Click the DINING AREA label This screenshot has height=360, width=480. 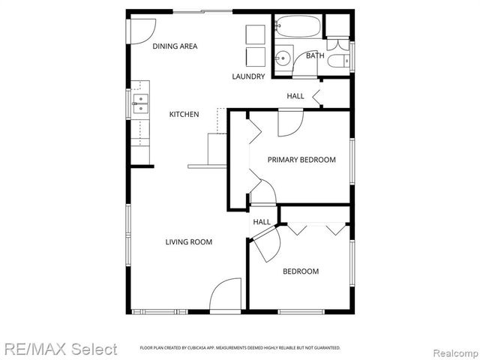[175, 46]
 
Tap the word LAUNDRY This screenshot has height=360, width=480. [248, 76]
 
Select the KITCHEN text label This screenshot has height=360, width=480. [184, 114]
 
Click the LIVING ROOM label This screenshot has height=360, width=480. [188, 241]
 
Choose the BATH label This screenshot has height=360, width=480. [314, 56]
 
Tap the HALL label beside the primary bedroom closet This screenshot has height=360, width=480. [261, 222]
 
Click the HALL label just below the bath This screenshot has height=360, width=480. [295, 96]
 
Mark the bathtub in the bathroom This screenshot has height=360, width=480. [298, 28]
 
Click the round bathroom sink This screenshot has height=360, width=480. [283, 58]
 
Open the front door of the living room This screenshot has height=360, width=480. [225, 296]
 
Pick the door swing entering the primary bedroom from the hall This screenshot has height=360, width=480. [290, 123]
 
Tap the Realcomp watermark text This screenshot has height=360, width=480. [454, 350]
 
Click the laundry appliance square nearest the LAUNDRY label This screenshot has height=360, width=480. [256, 57]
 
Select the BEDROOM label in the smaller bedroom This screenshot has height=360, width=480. [300, 271]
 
